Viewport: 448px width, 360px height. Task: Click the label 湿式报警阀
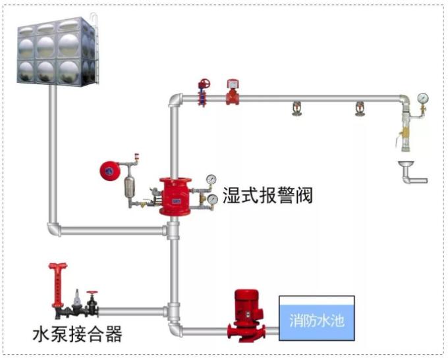click(x=267, y=195)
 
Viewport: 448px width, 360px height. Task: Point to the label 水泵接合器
click(x=78, y=334)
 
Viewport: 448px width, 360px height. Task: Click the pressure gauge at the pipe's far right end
click(x=422, y=99)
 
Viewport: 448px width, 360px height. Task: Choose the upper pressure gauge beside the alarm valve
click(x=211, y=179)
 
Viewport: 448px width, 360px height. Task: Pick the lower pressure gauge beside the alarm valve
click(x=213, y=199)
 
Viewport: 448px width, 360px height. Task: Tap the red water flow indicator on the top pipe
click(x=231, y=93)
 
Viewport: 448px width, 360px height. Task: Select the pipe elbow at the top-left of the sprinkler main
click(x=175, y=100)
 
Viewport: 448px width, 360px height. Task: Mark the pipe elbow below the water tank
click(x=54, y=229)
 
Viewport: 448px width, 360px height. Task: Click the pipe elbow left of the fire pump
click(x=175, y=327)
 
